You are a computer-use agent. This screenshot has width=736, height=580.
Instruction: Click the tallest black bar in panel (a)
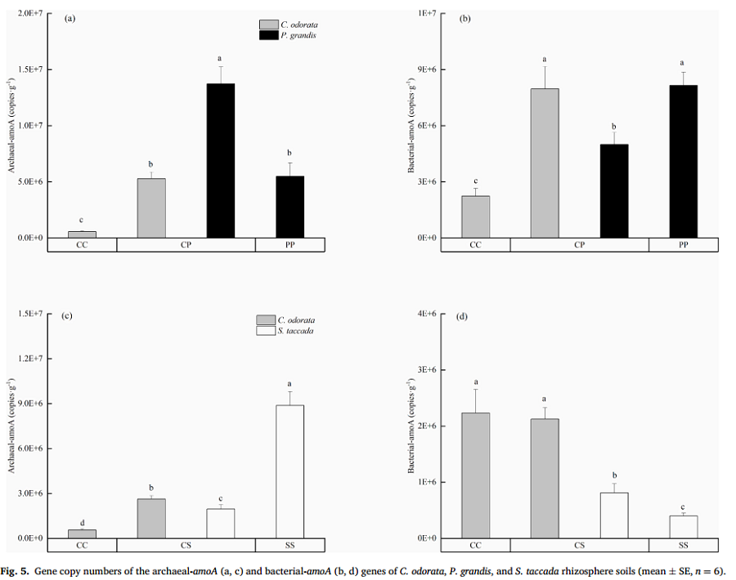(220, 160)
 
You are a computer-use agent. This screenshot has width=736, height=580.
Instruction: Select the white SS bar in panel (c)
(289, 471)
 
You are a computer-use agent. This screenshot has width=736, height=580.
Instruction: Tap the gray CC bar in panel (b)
(475, 216)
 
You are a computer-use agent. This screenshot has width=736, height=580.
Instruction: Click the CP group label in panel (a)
(186, 245)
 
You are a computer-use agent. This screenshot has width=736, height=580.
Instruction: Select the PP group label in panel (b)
(683, 245)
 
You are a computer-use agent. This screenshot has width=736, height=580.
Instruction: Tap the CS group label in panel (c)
(186, 545)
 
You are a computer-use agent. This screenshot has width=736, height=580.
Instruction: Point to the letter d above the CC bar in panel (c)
(82, 523)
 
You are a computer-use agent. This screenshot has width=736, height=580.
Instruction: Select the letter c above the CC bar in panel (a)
(82, 221)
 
